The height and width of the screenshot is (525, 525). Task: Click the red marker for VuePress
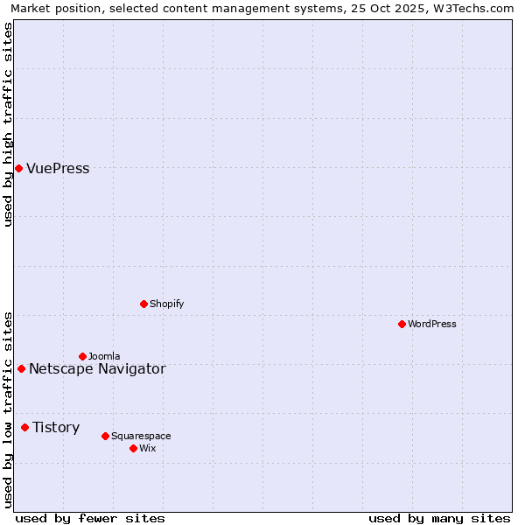(x=18, y=168)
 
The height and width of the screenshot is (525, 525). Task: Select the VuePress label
(x=58, y=169)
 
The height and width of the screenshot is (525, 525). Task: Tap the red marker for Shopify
(x=143, y=304)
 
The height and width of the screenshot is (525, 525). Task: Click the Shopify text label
(x=166, y=304)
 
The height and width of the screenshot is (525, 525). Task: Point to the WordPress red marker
(x=402, y=324)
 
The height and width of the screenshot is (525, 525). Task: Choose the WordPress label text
(x=431, y=325)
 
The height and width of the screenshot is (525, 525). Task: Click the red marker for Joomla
(x=82, y=356)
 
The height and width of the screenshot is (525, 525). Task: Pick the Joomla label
(x=104, y=357)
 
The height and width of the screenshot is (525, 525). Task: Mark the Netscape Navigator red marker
(x=21, y=368)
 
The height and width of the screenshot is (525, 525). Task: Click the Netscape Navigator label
(x=97, y=369)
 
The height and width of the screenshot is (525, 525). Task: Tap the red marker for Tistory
(x=24, y=427)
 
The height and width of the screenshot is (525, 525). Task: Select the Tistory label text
(x=56, y=428)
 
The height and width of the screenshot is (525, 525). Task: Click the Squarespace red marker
(x=105, y=436)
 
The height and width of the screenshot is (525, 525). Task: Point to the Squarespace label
(x=141, y=437)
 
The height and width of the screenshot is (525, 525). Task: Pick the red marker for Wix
(x=133, y=448)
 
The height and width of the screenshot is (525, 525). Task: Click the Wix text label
(x=148, y=449)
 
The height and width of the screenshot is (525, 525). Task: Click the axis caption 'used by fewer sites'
(x=90, y=518)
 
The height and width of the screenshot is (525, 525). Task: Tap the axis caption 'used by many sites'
(x=439, y=518)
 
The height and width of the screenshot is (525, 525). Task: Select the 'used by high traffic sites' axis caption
(x=8, y=124)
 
